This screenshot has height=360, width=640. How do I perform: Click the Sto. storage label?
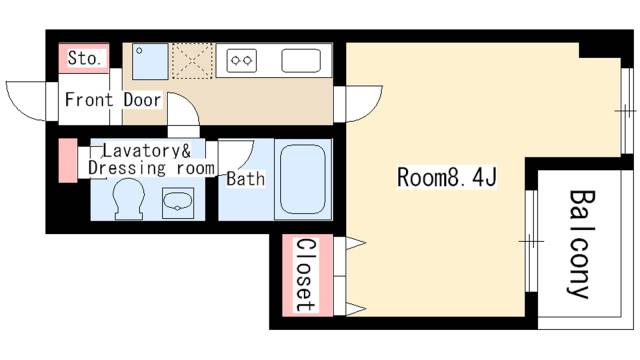coord(84,58)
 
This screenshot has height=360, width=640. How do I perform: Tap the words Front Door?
coord(113,100)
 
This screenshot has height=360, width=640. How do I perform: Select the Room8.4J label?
coord(447,178)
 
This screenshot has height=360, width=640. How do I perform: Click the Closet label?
coord(307,276)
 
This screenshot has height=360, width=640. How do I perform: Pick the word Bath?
coord(246,179)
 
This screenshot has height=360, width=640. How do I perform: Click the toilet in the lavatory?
coord(129,199)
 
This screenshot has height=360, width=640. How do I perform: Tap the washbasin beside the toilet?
coord(178,203)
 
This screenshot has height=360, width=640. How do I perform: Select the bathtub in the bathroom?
coord(303,179)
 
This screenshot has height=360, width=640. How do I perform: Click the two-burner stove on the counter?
coord(242,61)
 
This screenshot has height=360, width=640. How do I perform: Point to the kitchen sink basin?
coord(301,61)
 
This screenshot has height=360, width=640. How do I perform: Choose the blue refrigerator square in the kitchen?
coord(150,61)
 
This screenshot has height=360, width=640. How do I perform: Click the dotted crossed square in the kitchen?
coord(193,61)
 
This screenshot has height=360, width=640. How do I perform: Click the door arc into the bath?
coord(247,158)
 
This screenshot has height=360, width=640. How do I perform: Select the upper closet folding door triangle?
coord(356,243)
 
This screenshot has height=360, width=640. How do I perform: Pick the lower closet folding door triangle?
coord(356,309)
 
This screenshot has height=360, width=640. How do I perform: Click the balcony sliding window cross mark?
coord(531,241)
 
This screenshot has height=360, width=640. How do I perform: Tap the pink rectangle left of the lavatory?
coord(68,160)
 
